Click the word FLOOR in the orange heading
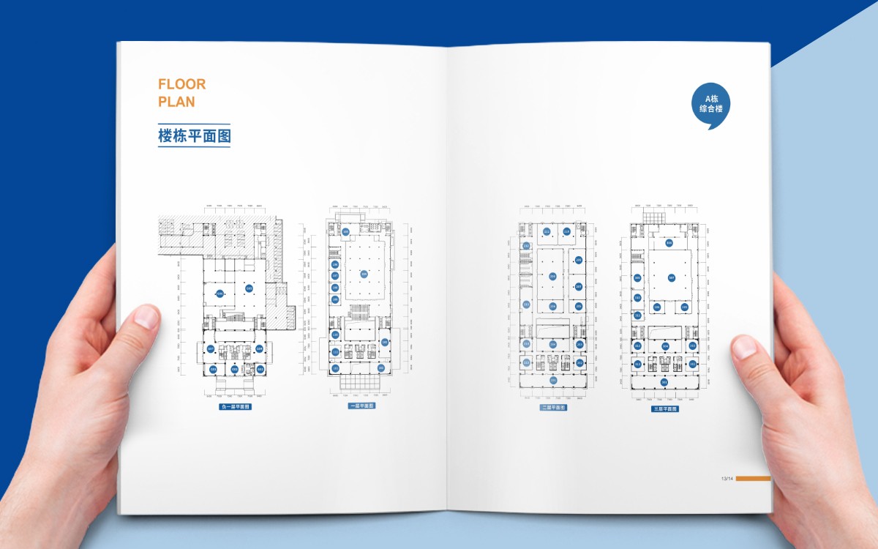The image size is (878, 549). point(182,84)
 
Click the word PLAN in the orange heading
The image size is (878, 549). point(176,102)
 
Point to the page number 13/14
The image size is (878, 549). point(727,479)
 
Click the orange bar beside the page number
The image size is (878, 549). point(753,479)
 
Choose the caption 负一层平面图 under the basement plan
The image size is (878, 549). point(236,406)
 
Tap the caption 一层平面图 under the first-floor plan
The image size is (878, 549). point(361,406)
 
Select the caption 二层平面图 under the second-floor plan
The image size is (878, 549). point(553,408)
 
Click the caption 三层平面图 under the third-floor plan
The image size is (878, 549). point(665,408)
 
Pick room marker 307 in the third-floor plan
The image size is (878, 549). point(671,277)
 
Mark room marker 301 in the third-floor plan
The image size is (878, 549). point(664,382)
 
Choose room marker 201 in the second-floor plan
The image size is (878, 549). point(553,380)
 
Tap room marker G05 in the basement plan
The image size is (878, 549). point(249,288)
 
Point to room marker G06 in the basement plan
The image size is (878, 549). point(219,294)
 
